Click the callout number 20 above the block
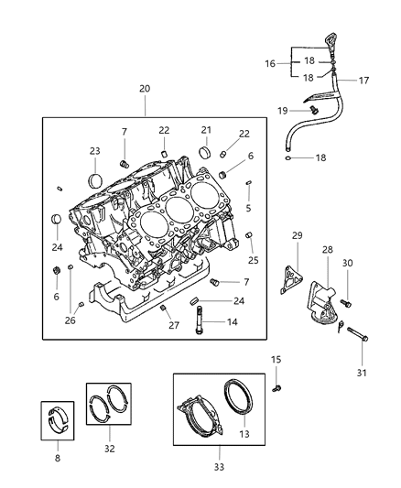click(145, 88)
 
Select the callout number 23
click(95, 152)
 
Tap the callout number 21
click(206, 131)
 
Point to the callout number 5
click(249, 208)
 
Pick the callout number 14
click(231, 322)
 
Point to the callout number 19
click(284, 110)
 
